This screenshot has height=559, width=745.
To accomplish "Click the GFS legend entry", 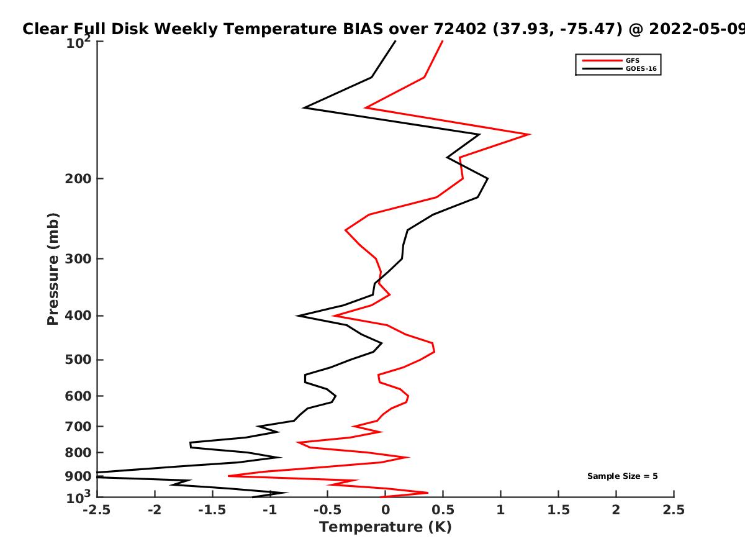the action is (611, 61).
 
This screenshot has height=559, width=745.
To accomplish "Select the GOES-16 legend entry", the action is (620, 68).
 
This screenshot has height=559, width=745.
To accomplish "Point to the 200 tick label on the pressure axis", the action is (78, 178).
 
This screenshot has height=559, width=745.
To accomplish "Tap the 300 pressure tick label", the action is (78, 259).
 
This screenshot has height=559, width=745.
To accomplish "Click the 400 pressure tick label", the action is (78, 316).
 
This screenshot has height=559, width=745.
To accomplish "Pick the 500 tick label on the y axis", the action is (78, 360).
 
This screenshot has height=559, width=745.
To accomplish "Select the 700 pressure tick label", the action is (78, 426).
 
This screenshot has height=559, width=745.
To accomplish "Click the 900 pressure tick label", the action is (78, 476).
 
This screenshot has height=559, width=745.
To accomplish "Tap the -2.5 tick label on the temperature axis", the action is (97, 510).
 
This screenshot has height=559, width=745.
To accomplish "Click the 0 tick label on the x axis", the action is (386, 510).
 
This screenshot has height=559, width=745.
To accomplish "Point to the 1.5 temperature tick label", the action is (558, 510).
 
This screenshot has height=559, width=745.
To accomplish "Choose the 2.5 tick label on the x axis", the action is (674, 510).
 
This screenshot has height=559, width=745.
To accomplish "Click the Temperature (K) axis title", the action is (386, 527).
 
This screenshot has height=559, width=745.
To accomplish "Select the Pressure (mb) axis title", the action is (53, 269).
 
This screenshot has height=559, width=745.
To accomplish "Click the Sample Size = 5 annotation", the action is (623, 476).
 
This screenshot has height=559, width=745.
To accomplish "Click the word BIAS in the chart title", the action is (363, 29).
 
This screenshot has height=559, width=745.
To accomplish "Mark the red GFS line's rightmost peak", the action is (530, 134).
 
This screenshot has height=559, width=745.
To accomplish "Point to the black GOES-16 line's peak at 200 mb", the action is (488, 178).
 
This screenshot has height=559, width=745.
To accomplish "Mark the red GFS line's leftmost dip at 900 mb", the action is (228, 476).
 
